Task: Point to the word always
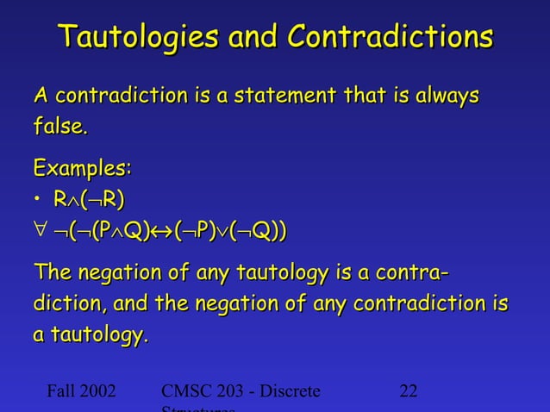pyautogui.click(x=441, y=97)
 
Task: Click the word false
pyautogui.click(x=60, y=128)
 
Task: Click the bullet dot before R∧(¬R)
pyautogui.click(x=37, y=202)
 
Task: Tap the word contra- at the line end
pyautogui.click(x=411, y=276)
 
